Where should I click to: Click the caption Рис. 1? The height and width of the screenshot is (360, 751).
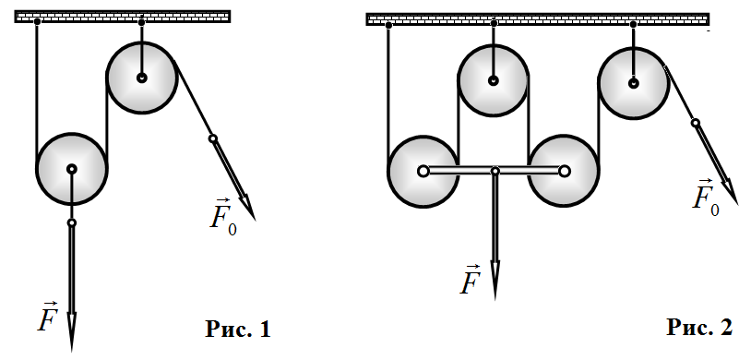point(238,330)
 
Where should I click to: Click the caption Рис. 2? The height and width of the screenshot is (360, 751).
point(699,328)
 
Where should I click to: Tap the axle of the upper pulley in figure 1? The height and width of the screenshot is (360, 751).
point(142,78)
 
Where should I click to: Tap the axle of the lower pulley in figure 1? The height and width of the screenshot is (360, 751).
point(72,169)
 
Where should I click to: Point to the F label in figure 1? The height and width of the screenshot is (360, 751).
point(48,318)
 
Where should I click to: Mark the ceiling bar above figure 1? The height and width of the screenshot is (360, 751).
point(123,17)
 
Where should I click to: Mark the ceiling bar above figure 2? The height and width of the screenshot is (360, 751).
point(537,19)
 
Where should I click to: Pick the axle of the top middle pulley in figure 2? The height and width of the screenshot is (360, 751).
point(494,80)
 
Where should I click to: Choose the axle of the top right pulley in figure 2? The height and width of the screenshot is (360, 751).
point(634,83)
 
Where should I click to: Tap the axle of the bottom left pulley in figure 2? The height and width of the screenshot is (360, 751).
point(423,171)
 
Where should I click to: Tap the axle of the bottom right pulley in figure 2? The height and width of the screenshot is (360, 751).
point(565,171)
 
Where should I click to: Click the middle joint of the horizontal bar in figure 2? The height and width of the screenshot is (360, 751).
point(495,171)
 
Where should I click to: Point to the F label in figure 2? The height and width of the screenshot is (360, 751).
point(470,279)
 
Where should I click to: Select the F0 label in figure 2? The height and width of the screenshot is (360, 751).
point(706,198)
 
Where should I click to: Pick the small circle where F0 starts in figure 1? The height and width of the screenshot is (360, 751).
point(213,139)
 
